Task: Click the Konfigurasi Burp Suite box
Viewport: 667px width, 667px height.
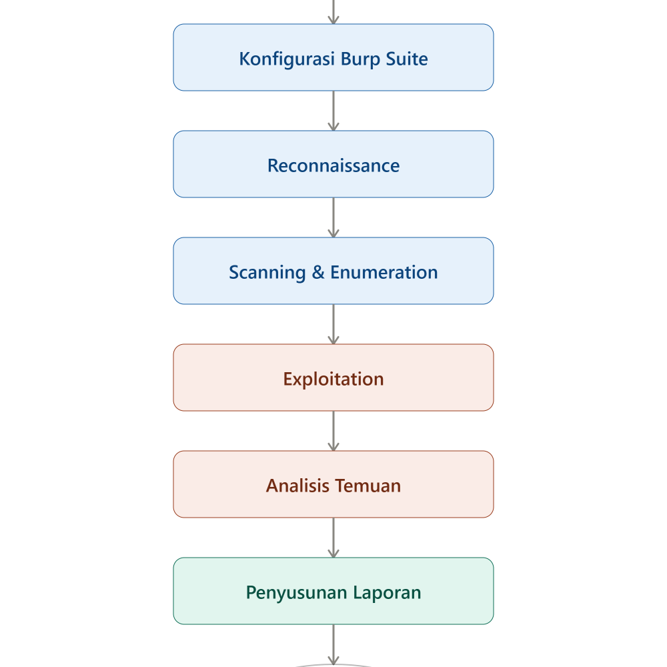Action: (x=333, y=57)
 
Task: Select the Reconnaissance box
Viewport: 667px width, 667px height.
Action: (x=333, y=164)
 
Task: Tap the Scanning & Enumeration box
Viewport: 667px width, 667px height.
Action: (x=333, y=271)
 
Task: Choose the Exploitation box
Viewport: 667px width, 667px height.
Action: (x=333, y=378)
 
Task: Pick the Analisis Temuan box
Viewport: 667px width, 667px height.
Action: (x=333, y=484)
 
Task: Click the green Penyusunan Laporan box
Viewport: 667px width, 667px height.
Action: (x=333, y=591)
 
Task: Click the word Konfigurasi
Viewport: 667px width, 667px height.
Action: (x=287, y=59)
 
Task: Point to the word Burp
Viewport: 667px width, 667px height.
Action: (x=361, y=59)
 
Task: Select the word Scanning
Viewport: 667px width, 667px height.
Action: (x=267, y=273)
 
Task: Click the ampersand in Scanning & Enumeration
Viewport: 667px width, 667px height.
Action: (x=318, y=272)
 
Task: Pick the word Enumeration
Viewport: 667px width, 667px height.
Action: (x=384, y=272)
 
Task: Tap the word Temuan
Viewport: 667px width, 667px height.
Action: (x=368, y=486)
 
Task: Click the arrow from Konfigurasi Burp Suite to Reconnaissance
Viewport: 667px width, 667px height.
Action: (x=333, y=111)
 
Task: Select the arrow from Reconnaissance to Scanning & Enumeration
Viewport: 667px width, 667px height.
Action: (x=333, y=217)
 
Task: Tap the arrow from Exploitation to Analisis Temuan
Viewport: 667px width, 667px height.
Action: (x=333, y=431)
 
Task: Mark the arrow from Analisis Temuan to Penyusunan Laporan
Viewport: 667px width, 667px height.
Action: (x=333, y=538)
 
